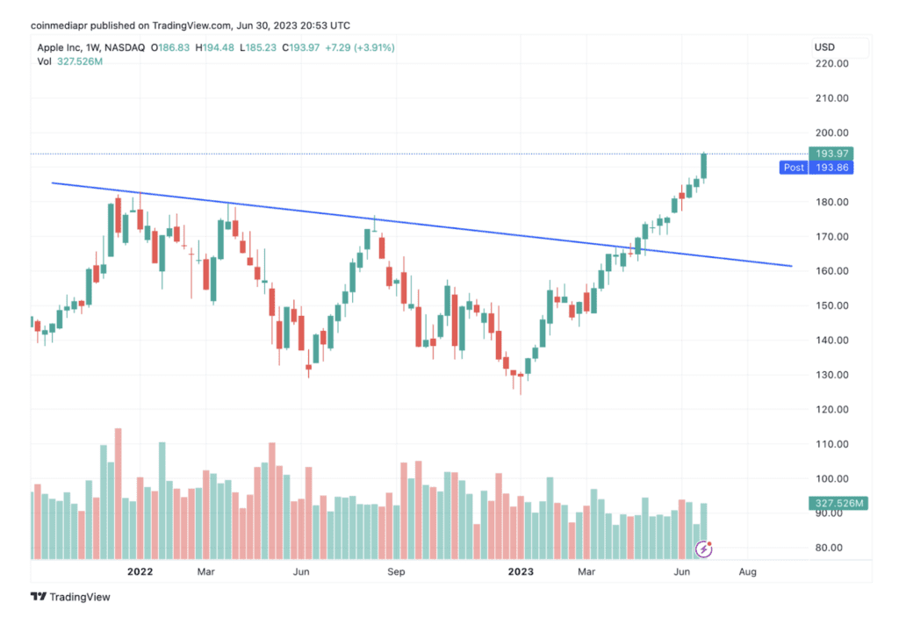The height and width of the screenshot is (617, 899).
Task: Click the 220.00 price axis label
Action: (830, 64)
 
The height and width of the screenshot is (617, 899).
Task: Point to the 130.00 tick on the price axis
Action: (830, 375)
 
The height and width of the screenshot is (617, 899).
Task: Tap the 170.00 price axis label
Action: (830, 237)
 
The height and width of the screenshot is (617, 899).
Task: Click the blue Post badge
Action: (794, 168)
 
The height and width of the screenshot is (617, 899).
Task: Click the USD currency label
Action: (824, 47)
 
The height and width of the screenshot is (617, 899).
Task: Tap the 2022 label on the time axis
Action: (140, 572)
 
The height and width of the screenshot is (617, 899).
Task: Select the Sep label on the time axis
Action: (397, 572)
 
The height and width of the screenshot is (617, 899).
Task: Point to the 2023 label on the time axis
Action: (521, 572)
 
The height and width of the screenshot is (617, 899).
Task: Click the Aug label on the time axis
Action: (747, 572)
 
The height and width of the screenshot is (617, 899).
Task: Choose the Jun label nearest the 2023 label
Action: (680, 572)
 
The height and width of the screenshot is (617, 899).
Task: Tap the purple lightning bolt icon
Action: (703, 549)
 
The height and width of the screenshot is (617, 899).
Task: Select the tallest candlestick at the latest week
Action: (703, 165)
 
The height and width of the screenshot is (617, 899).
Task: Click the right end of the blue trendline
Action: (791, 266)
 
